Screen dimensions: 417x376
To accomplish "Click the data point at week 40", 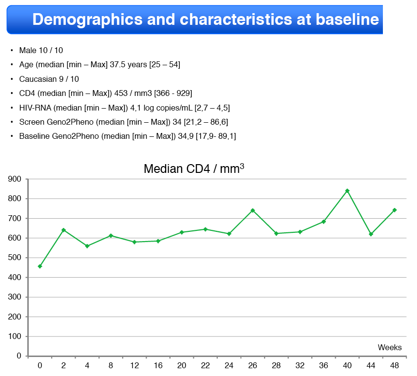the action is coord(347,190).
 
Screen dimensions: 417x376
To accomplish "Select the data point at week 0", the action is coord(40,266).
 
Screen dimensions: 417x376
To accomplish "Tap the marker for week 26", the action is coord(253,210).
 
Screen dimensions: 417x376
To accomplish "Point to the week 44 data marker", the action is coord(371,234).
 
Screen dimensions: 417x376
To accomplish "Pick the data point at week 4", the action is coord(87,246).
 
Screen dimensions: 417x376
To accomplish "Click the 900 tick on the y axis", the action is coord(15,179).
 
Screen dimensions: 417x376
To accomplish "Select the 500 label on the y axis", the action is coord(15,257).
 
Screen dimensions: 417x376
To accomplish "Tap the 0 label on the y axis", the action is coord(19,356).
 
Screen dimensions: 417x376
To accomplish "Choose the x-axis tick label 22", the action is coord(205,366).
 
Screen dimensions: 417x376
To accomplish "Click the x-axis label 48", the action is coord(395,366).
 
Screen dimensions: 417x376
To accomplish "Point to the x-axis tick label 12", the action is coord(134,366).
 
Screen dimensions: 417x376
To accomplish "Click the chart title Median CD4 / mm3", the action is coord(194,169).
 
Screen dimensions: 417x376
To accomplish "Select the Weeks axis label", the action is coord(390,347).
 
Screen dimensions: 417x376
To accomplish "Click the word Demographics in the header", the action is coord(87,19).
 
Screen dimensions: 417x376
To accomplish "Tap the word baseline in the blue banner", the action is coord(347,19).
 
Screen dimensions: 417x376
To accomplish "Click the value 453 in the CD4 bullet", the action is coord(121,93).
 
